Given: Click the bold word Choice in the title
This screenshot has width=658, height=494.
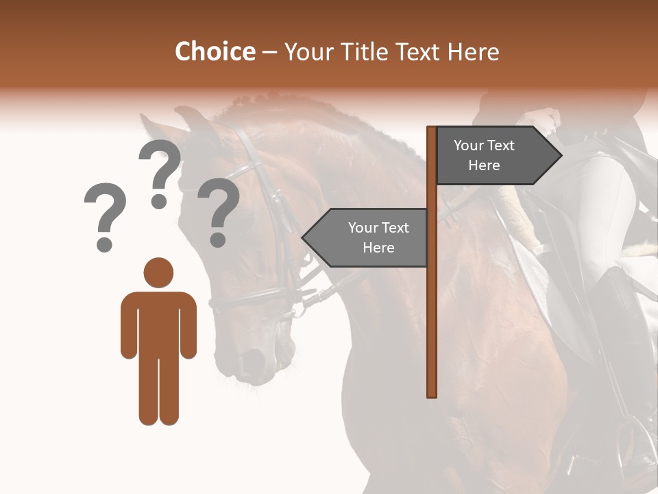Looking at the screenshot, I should pyautogui.click(x=215, y=52).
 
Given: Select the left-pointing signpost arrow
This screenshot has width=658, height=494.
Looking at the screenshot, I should pyautogui.click(x=367, y=237).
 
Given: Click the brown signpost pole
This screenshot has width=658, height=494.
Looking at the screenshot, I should pyautogui.click(x=431, y=309).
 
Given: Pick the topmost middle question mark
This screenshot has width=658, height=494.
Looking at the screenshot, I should pyautogui.click(x=160, y=172).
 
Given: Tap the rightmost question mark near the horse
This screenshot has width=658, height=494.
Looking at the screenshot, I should pyautogui.click(x=219, y=211).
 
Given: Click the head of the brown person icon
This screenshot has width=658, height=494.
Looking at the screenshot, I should pyautogui.click(x=158, y=272).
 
